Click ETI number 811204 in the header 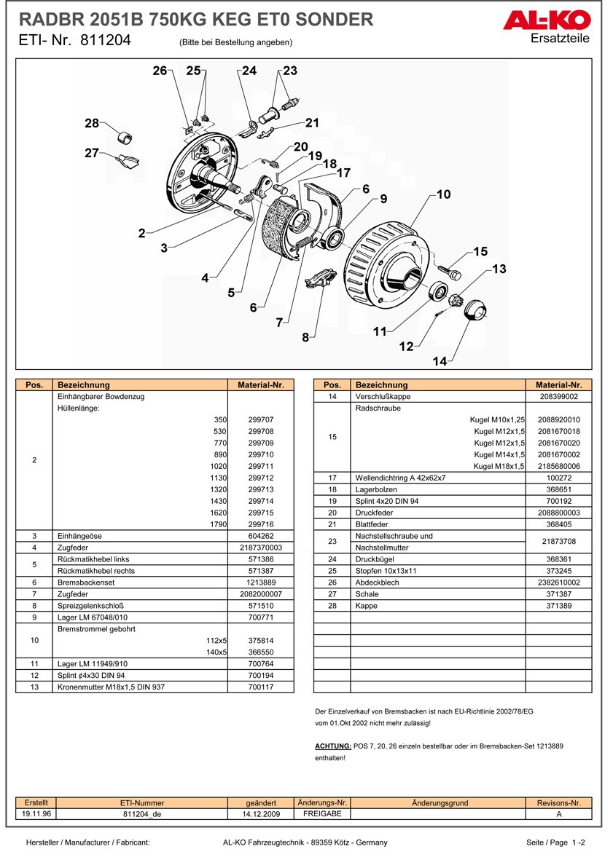[106, 42]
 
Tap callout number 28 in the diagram [91, 123]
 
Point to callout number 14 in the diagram [440, 361]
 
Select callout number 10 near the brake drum [443, 194]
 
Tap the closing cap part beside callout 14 [476, 309]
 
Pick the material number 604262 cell [261, 536]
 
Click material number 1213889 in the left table [261, 583]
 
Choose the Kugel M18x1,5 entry [499, 466]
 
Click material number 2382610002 [559, 583]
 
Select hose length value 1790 [219, 524]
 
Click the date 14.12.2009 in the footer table [261, 814]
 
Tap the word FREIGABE [321, 814]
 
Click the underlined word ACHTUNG [332, 746]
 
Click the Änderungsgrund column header [440, 803]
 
